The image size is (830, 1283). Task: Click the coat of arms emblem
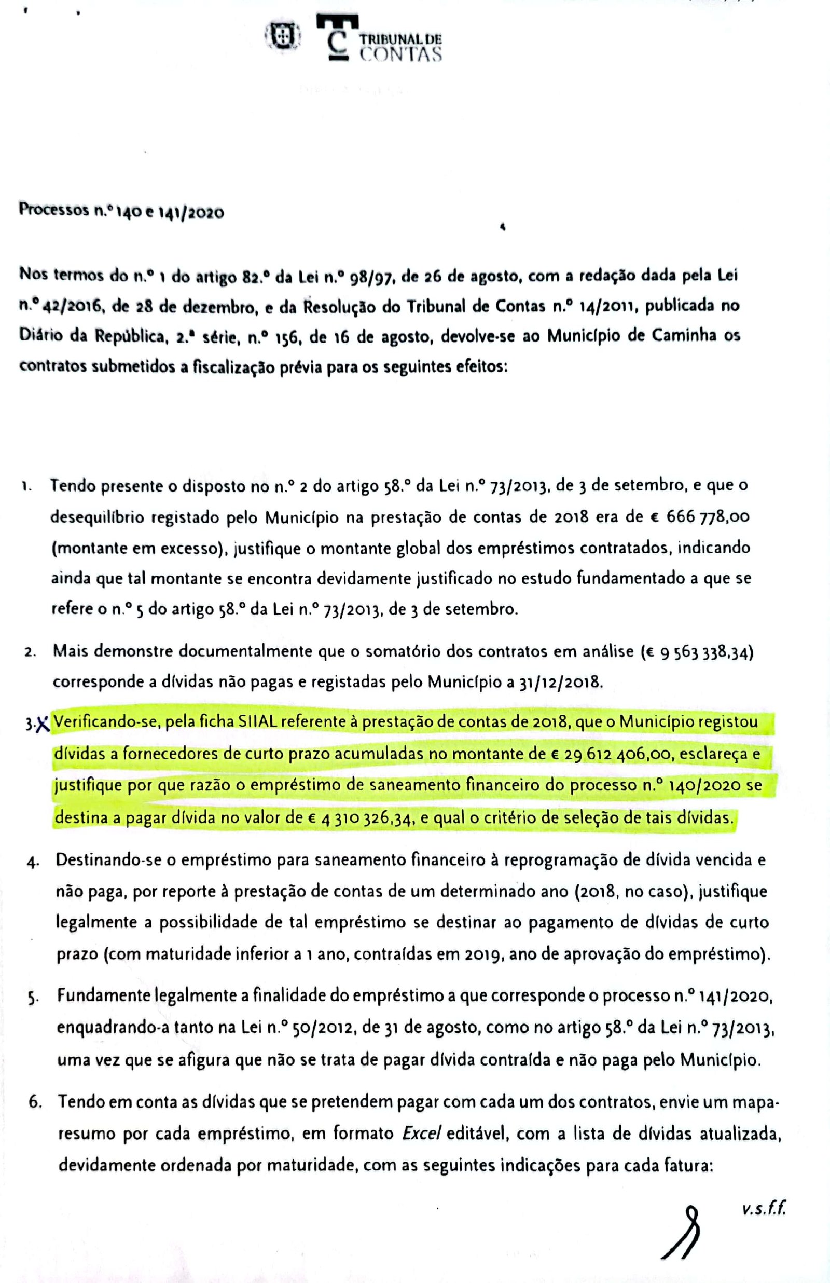click(x=282, y=37)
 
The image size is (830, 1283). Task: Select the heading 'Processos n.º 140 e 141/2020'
click(x=121, y=211)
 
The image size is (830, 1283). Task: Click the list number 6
click(x=36, y=1102)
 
